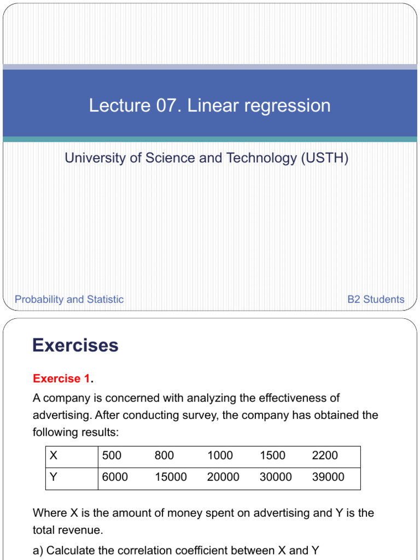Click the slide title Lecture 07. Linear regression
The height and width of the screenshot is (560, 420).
click(210, 106)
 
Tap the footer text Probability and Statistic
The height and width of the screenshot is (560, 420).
click(69, 299)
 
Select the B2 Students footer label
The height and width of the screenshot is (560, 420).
click(376, 299)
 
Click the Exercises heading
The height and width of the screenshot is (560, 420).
click(75, 346)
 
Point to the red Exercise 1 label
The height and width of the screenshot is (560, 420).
click(61, 378)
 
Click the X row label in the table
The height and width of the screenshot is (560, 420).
click(53, 456)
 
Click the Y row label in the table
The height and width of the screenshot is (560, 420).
click(53, 477)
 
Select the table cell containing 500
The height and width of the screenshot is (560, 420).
click(112, 456)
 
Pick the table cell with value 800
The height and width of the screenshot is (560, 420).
click(164, 456)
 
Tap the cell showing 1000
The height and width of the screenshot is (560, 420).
click(220, 456)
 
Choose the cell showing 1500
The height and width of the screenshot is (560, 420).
click(272, 456)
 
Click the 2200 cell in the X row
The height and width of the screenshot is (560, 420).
click(325, 456)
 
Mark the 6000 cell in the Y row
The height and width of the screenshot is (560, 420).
click(115, 477)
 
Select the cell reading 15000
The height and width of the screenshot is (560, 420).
click(171, 477)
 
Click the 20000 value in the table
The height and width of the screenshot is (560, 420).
click(223, 477)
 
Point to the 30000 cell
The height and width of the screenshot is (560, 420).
click(276, 477)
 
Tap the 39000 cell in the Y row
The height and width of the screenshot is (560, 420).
click(328, 477)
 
